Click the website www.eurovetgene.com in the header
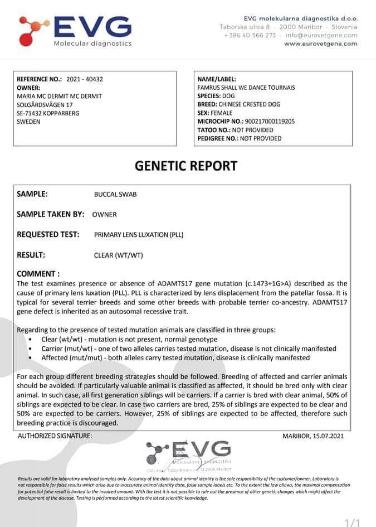(x=320, y=43)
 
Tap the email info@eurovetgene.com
(x=321, y=35)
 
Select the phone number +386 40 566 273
(x=250, y=35)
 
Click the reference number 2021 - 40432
(x=84, y=79)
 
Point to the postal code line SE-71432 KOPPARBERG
(x=48, y=113)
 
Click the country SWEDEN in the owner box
(x=28, y=122)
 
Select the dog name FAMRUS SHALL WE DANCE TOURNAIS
(x=246, y=88)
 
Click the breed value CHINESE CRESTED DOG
(x=249, y=104)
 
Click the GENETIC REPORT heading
(x=186, y=166)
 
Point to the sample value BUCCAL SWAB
(x=115, y=195)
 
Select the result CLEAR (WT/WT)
(x=119, y=255)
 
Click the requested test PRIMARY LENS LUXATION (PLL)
(x=139, y=235)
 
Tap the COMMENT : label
(x=38, y=274)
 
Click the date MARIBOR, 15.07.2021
(x=313, y=436)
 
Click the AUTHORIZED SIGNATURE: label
(x=55, y=436)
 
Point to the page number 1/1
(x=353, y=521)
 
